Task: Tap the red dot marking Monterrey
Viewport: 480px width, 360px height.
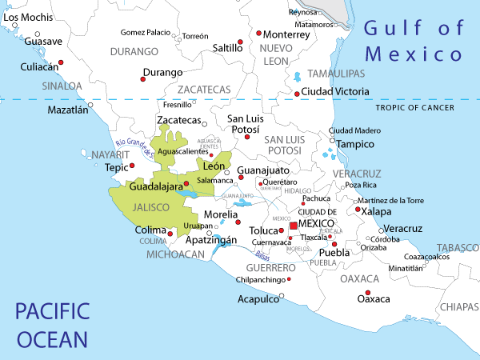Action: click(259, 34)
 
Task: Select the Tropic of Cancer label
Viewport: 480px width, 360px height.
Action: click(414, 108)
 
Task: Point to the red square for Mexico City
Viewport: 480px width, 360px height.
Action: click(294, 226)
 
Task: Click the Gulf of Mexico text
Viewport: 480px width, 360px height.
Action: click(414, 42)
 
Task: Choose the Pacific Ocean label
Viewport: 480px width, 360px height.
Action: click(52, 324)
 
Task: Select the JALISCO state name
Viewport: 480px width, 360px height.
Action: click(150, 207)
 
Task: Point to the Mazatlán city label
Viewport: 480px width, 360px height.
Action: click(67, 110)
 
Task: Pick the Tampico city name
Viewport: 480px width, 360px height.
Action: click(355, 144)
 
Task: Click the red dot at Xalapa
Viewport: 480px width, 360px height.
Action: click(358, 209)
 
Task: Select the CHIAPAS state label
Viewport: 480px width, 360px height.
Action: click(458, 306)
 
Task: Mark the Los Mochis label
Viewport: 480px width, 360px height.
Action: click(22, 17)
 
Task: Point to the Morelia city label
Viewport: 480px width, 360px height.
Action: click(220, 214)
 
